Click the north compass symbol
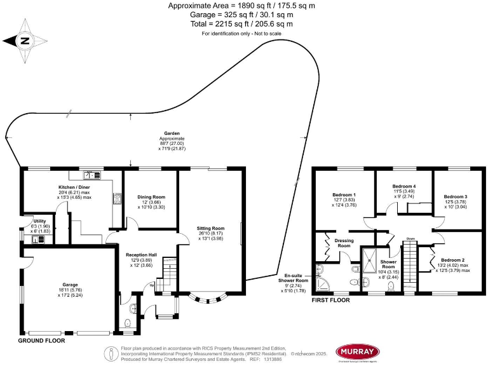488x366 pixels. [x=25, y=41]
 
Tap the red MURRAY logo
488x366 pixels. [x=358, y=351]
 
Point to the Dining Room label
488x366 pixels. [x=151, y=197]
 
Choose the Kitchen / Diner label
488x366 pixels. [x=74, y=188]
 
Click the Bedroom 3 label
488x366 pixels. [x=455, y=197]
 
